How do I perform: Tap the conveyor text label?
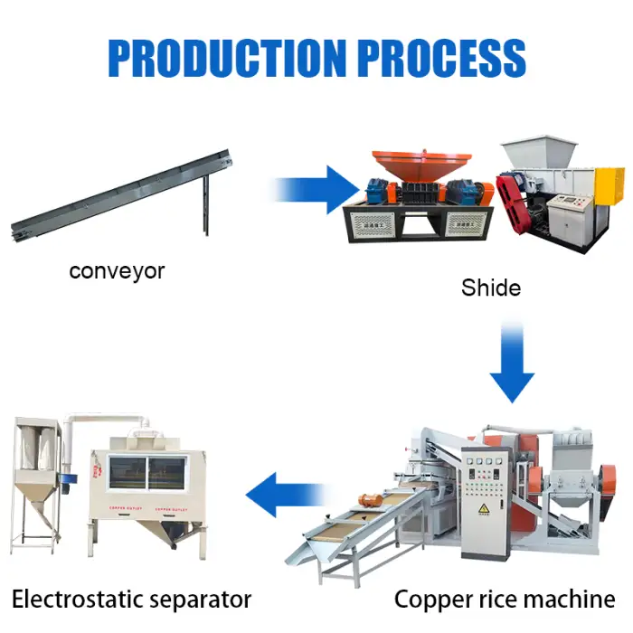click(117, 270)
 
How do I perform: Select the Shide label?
click(491, 288)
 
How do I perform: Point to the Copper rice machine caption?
click(505, 598)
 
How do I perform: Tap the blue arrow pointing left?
click(286, 494)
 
